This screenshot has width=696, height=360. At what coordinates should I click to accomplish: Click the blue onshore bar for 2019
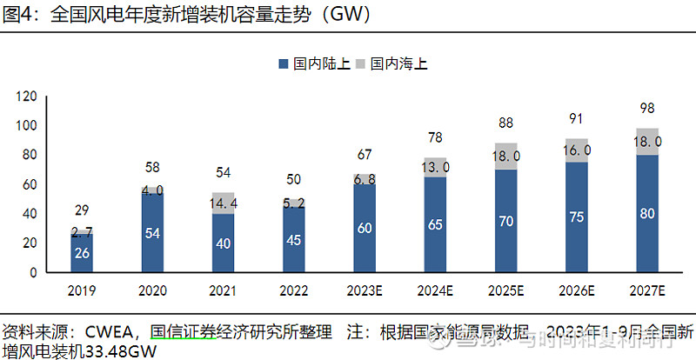pos(81,253)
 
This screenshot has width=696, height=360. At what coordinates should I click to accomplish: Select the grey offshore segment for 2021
pos(223,203)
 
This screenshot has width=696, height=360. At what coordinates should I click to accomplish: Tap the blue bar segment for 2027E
pos(646,213)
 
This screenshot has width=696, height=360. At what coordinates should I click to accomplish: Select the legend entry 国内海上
pos(391,63)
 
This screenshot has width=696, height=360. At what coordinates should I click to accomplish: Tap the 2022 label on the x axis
pos(294,290)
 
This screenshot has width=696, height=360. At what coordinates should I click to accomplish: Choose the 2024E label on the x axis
pos(434,290)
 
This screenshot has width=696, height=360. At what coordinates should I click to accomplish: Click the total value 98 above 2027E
pos(646,108)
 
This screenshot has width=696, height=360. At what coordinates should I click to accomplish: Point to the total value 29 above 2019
pos(81,211)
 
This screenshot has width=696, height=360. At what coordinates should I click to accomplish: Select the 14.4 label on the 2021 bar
pos(223,203)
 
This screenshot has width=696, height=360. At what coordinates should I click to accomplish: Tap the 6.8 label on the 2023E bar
pos(365,179)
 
